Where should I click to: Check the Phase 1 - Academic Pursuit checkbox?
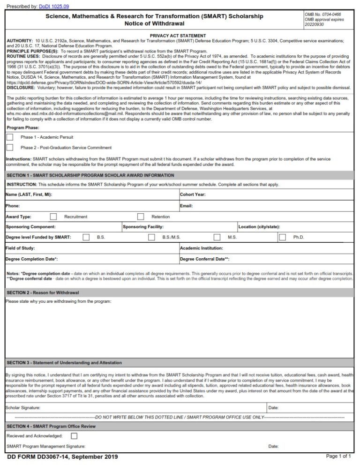(x=10, y=137)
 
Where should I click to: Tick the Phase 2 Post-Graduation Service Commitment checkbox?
(x=10, y=147)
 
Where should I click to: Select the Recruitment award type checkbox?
(x=53, y=217)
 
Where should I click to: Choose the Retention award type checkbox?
(x=141, y=217)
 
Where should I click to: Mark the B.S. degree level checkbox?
(x=86, y=237)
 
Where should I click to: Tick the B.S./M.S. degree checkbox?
(x=151, y=237)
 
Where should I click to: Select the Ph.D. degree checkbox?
(x=282, y=237)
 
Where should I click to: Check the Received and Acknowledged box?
(x=74, y=436)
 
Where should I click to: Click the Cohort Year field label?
(x=193, y=194)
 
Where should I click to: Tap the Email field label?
(x=187, y=206)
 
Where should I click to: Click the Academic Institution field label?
(x=202, y=248)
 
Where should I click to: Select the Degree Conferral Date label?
(x=204, y=259)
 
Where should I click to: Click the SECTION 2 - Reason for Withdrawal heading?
(x=43, y=292)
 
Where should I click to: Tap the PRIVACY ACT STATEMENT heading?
(x=178, y=36)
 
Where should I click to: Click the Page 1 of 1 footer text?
(x=338, y=456)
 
